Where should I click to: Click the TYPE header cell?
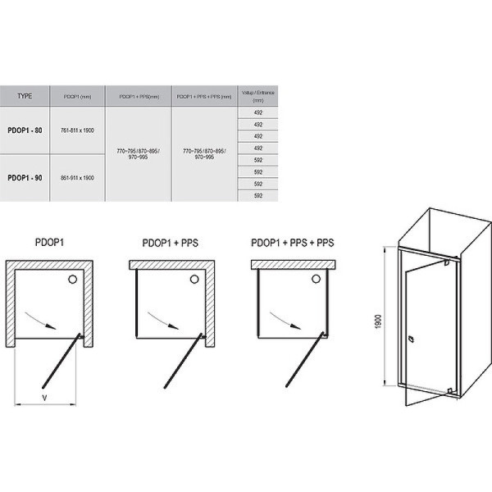coord(25,96)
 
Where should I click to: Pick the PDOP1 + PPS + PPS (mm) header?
coord(204,96)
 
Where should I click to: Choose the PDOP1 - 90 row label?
coord(25,177)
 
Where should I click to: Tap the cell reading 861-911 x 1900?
coord(78,177)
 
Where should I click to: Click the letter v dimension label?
coord(43,399)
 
